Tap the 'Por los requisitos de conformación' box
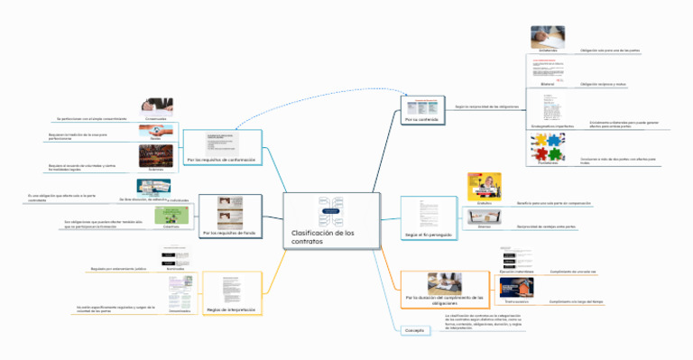[x=221, y=160]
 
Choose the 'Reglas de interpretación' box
[x=231, y=309]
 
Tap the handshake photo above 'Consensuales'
[x=163, y=106]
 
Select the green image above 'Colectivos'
[x=171, y=216]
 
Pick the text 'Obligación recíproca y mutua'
[x=604, y=83]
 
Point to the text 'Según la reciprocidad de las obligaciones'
[x=486, y=106]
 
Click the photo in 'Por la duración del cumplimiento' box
[x=445, y=282]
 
